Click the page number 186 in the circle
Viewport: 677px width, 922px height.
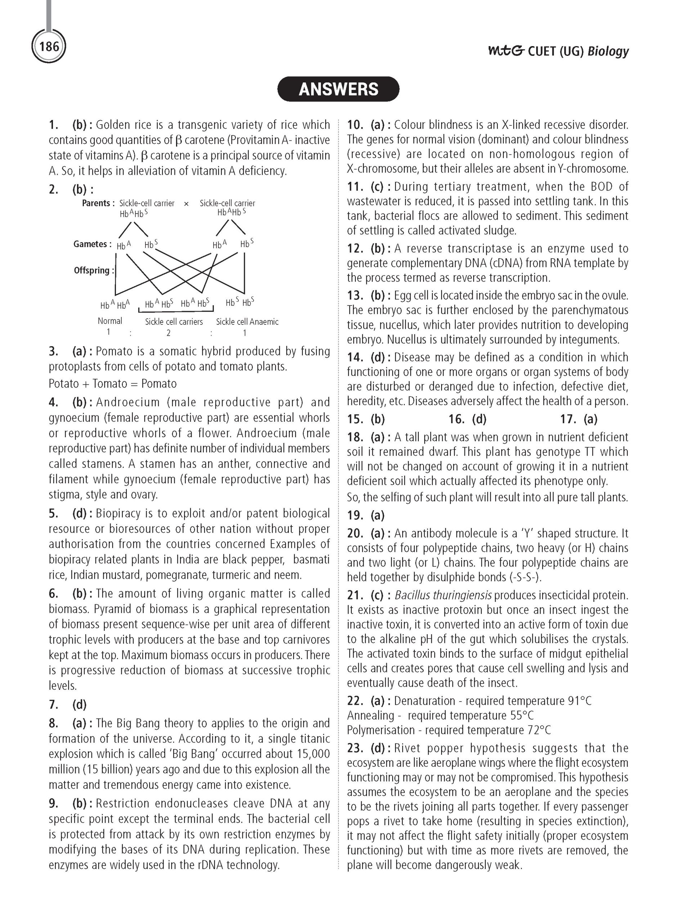[x=49, y=46]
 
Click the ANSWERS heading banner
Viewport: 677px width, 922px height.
[x=338, y=89]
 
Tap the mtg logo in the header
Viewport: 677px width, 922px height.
[x=506, y=51]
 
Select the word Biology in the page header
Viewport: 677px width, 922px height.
[x=608, y=51]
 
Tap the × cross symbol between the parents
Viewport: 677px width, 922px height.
[x=187, y=203]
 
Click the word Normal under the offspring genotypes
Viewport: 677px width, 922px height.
[x=110, y=321]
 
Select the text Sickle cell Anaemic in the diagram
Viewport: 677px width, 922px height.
[x=247, y=322]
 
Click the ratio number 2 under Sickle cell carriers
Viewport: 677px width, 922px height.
[x=169, y=333]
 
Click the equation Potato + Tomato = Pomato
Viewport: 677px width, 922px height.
[x=113, y=384]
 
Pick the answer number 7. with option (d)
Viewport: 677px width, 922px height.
[x=68, y=705]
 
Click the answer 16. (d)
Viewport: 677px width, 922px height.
[x=467, y=419]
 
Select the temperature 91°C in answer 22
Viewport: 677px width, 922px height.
[x=579, y=701]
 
